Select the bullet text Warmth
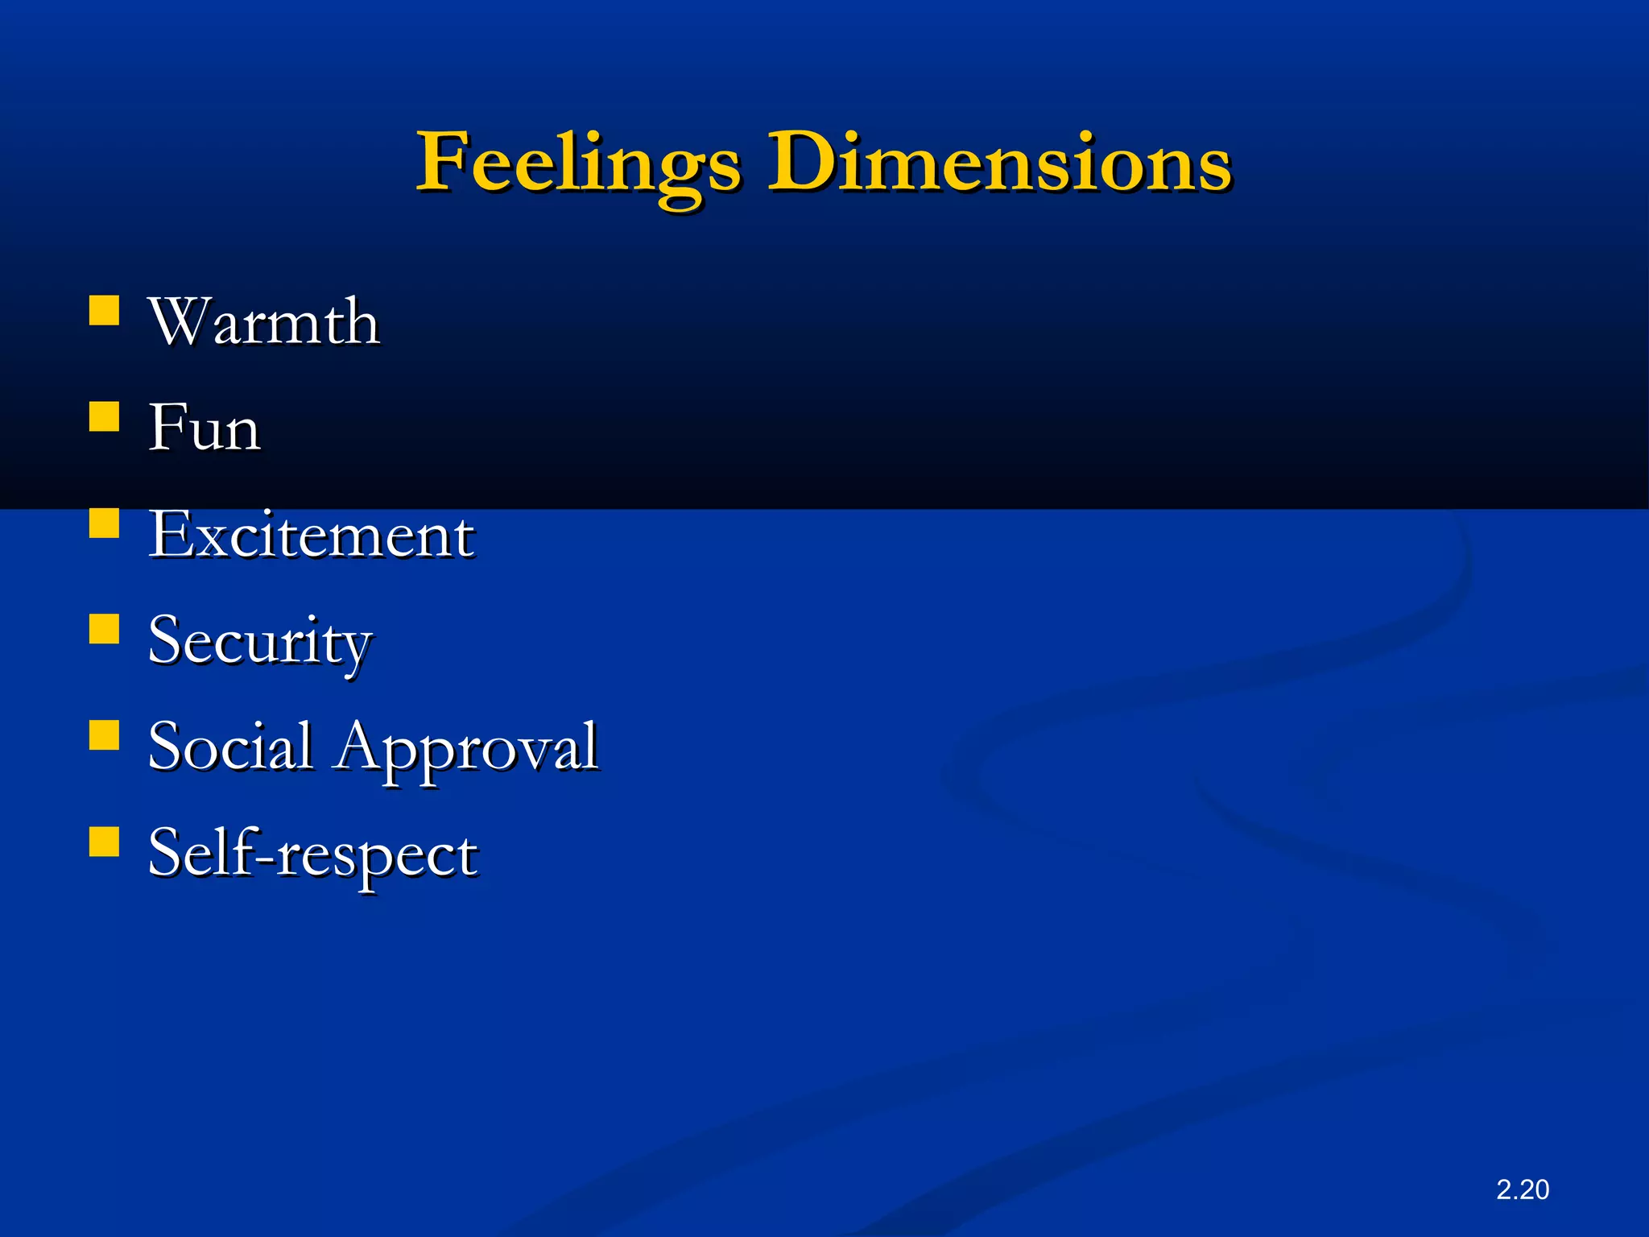263,322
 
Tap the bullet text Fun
205,428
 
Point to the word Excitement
311,536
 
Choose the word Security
259,642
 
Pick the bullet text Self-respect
312,854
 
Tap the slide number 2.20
1522,1189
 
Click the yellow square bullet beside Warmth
104,310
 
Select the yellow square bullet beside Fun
104,416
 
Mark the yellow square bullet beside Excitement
104,523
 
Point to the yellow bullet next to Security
104,629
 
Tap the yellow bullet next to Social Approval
104,735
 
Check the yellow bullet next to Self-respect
104,842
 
